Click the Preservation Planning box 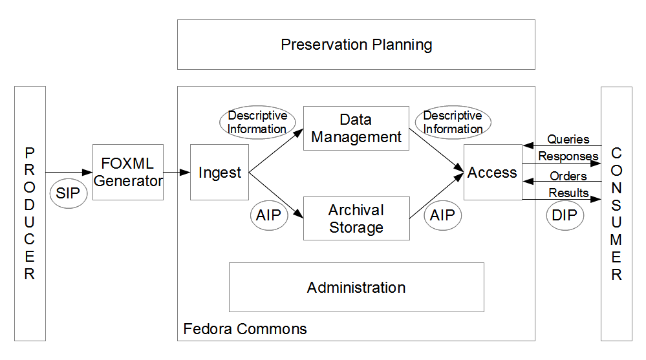(x=356, y=45)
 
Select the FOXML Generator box (x=128, y=172)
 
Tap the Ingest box (x=219, y=172)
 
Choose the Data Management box (x=356, y=128)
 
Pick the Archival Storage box (x=356, y=218)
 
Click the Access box (x=493, y=172)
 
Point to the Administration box (x=356, y=287)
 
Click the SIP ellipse (x=69, y=193)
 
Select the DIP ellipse (x=565, y=215)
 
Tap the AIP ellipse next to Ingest (x=269, y=215)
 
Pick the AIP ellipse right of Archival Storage (x=442, y=215)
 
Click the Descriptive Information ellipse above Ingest (x=257, y=122)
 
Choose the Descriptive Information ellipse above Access (x=453, y=122)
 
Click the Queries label (x=568, y=139)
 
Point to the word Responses (x=568, y=156)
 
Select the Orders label (x=568, y=176)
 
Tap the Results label (x=568, y=193)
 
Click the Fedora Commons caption (x=245, y=329)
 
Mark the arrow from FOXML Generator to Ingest (x=177, y=172)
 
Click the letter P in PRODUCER (x=30, y=153)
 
